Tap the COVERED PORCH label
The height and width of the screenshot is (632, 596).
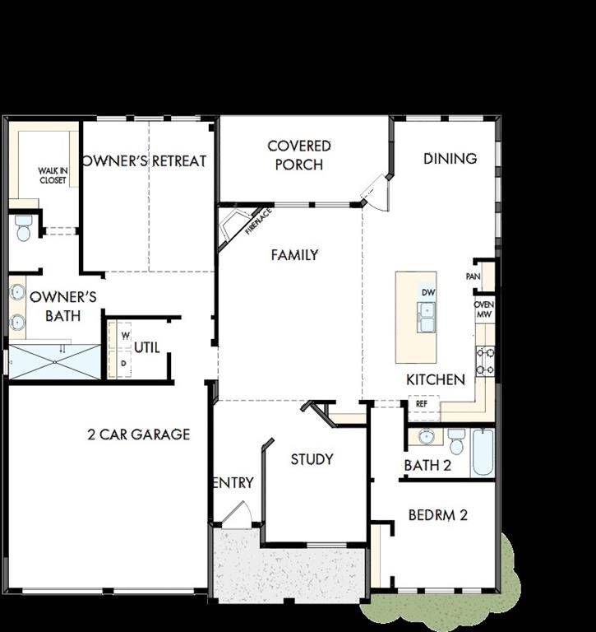[299, 155]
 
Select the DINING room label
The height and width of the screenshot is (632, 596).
[450, 158]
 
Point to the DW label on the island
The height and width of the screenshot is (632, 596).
[427, 292]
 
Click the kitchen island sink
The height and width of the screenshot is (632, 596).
[427, 317]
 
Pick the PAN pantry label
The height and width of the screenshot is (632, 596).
[473, 276]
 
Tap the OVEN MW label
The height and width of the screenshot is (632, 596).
[484, 309]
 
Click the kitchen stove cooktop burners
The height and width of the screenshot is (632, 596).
[485, 360]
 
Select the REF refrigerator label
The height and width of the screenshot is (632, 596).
[422, 404]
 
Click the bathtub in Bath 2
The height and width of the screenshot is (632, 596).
[483, 452]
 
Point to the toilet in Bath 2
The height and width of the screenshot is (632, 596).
[456, 438]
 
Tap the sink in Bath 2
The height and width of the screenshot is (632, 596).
[427, 436]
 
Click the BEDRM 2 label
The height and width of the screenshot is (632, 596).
[438, 516]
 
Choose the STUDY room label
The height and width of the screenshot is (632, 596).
[312, 459]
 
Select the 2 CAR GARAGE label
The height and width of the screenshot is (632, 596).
[139, 434]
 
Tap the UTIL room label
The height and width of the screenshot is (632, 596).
[147, 348]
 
